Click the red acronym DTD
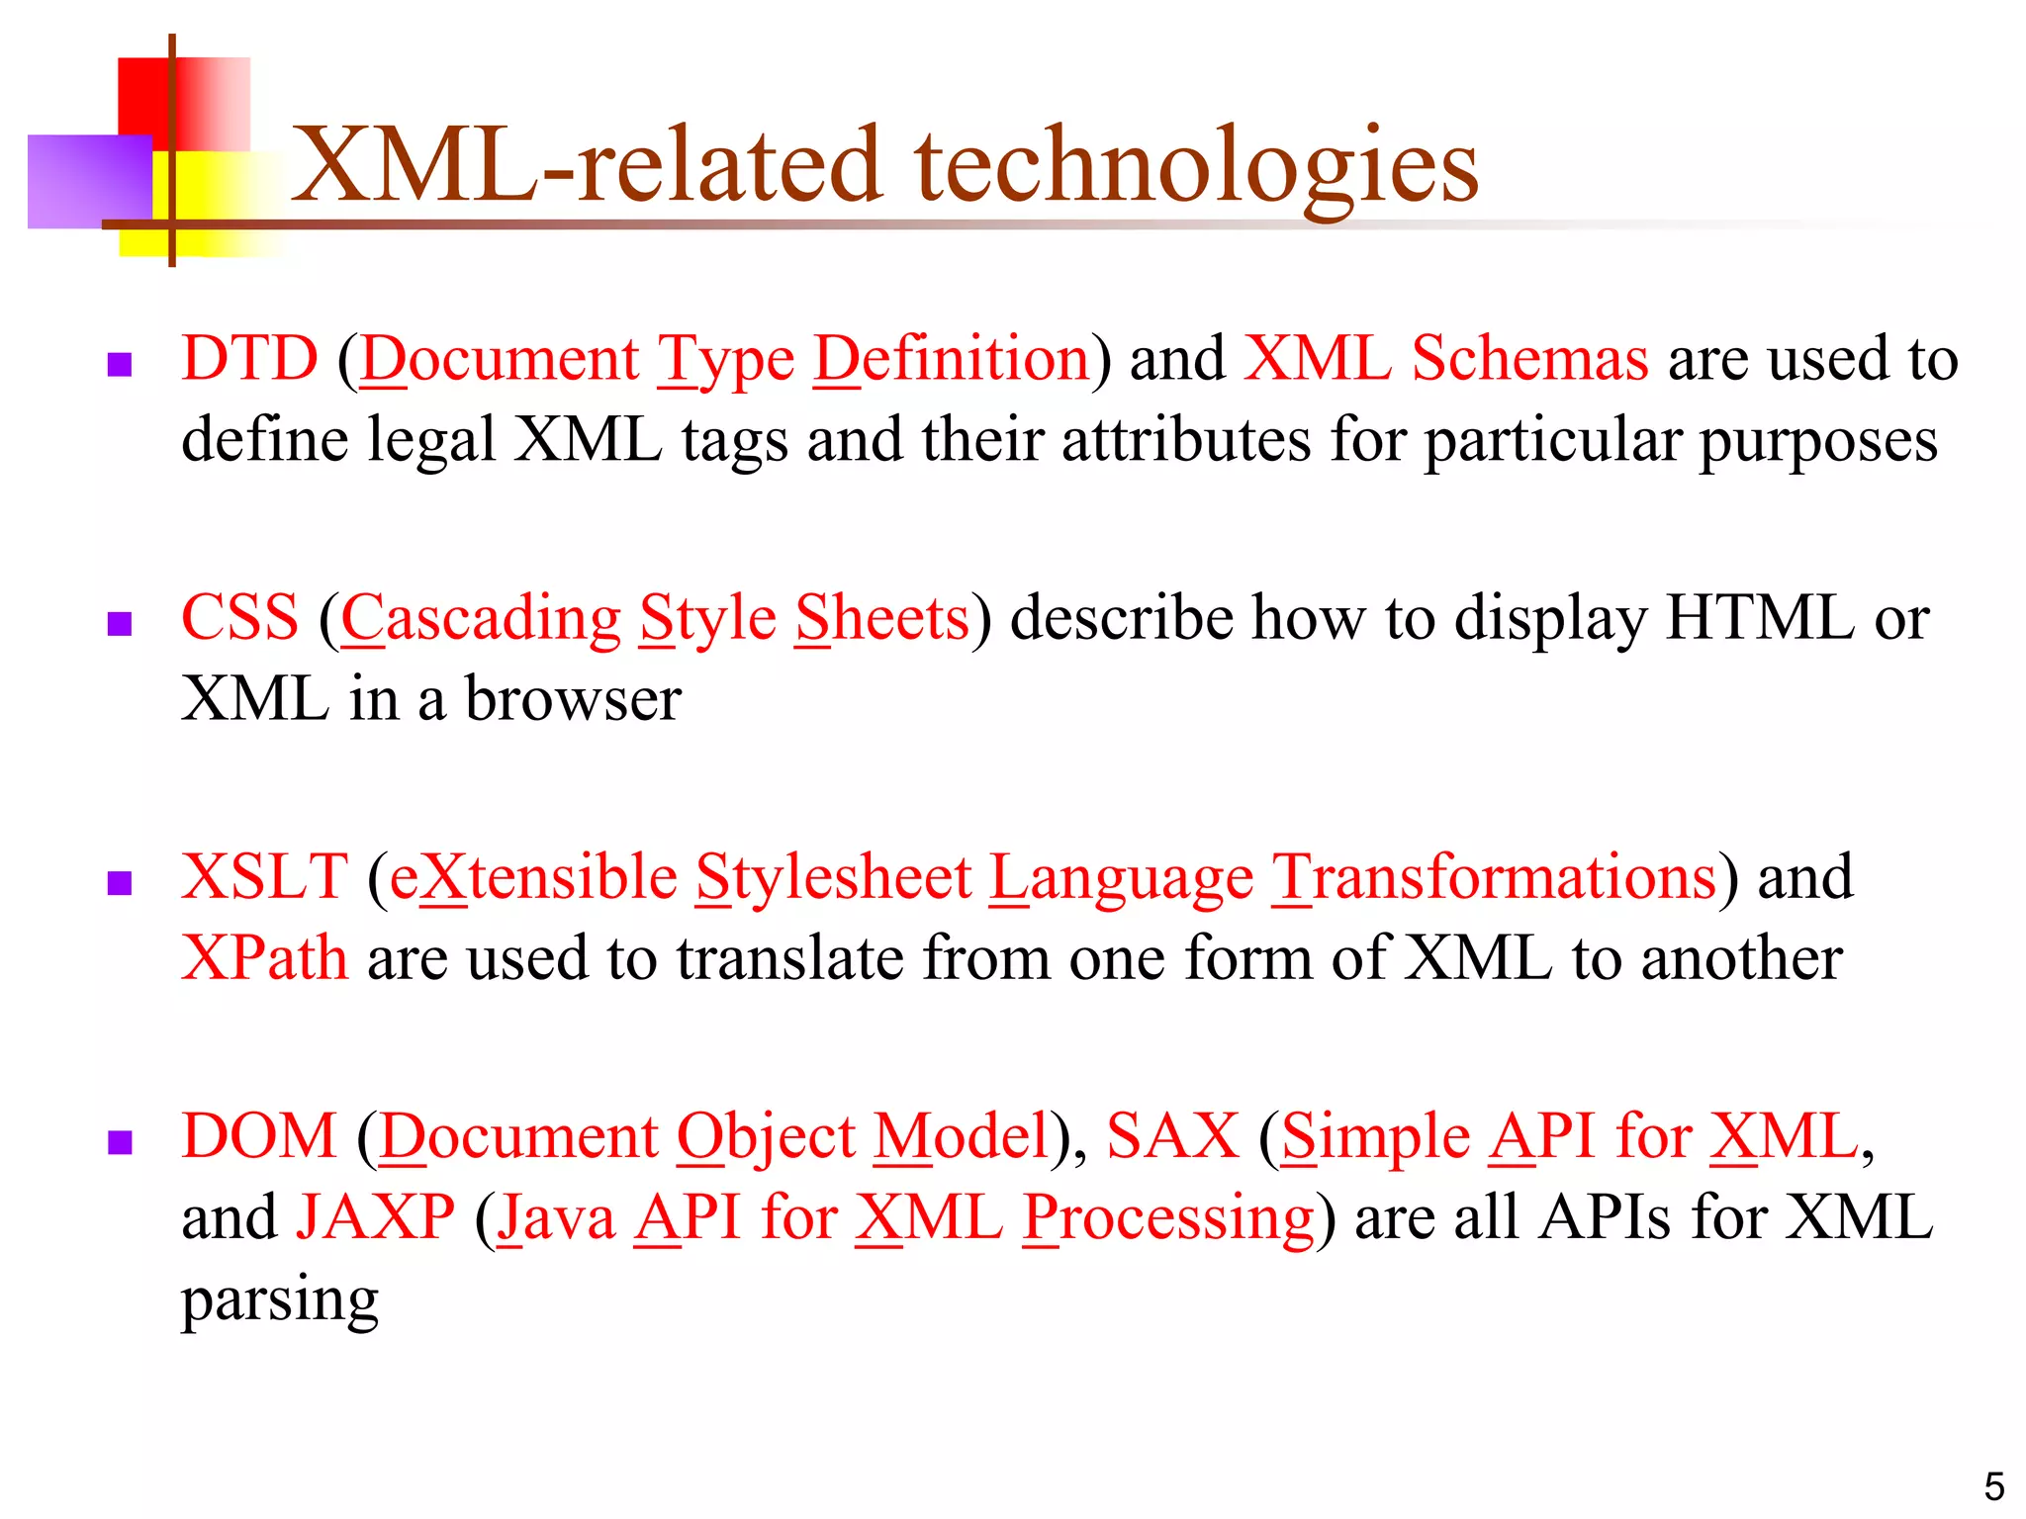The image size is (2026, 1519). (x=250, y=358)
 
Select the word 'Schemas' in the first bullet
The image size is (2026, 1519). (x=1529, y=358)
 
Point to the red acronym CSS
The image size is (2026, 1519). (x=239, y=618)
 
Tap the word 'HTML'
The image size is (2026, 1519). (x=1760, y=618)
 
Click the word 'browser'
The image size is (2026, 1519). (x=573, y=699)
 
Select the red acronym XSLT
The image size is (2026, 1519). (x=264, y=877)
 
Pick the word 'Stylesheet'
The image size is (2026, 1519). (x=834, y=878)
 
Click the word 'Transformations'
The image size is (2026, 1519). (x=1495, y=878)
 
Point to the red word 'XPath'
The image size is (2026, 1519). (x=264, y=958)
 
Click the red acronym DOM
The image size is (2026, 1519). (x=259, y=1136)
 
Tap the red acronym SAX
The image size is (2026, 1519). (x=1172, y=1136)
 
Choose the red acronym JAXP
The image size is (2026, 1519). (x=376, y=1217)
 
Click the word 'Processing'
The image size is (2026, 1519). (x=1168, y=1219)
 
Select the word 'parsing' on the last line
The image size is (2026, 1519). (x=280, y=1300)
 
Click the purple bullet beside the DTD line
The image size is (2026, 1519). (x=120, y=365)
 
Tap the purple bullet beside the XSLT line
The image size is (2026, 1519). (x=120, y=883)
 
